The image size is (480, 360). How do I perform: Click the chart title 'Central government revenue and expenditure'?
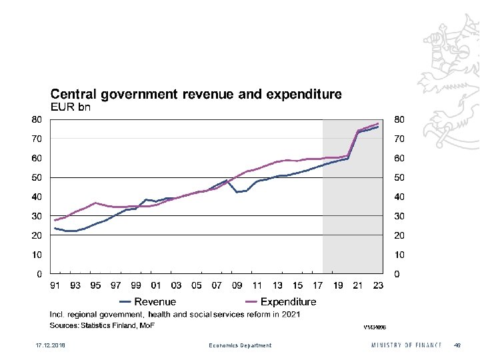click(196, 95)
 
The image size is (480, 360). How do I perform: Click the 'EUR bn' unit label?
click(71, 107)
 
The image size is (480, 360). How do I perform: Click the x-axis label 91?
click(55, 286)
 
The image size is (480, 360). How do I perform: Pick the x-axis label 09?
click(237, 286)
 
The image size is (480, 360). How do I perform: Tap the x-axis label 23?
click(378, 286)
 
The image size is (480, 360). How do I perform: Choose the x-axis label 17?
click(318, 286)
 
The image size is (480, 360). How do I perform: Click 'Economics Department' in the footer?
click(240, 345)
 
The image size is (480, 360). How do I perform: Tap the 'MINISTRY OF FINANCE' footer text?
click(407, 345)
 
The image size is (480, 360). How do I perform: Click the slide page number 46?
click(457, 345)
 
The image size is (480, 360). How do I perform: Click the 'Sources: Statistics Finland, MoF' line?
click(102, 325)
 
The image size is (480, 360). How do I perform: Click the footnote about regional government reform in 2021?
click(175, 314)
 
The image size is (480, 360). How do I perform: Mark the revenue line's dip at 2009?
click(237, 192)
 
